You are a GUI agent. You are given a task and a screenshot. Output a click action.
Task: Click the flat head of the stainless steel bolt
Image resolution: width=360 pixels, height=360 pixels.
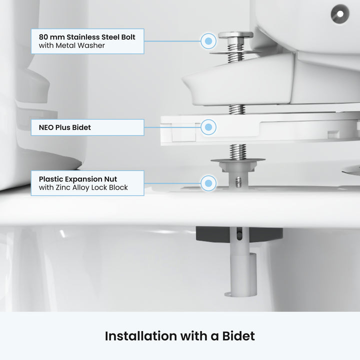[235, 35]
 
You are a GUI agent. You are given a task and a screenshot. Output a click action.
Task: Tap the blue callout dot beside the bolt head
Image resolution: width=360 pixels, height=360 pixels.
[208, 41]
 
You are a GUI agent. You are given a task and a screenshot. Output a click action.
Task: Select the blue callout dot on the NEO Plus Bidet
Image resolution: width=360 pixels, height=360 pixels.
[208, 127]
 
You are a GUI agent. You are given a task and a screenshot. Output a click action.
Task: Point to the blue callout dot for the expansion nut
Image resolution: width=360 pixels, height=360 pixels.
[208, 183]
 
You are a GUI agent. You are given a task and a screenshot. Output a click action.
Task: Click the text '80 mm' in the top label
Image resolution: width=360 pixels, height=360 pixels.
[51, 37]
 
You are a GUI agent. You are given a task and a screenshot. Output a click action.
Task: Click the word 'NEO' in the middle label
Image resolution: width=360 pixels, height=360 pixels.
[46, 127]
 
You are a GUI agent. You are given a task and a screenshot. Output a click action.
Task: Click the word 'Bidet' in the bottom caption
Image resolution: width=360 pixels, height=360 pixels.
[238, 336]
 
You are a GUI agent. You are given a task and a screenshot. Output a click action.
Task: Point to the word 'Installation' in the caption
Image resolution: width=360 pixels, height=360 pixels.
[141, 336]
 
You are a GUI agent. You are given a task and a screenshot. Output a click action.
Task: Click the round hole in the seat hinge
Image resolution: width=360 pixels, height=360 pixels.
[340, 14]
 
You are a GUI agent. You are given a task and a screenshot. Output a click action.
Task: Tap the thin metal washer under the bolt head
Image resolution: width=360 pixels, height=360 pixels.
[234, 53]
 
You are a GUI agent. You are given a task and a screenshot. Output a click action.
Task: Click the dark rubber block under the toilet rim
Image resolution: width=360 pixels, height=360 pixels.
[239, 234]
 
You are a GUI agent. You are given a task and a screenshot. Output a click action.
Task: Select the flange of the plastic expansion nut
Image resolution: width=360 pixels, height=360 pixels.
[238, 160]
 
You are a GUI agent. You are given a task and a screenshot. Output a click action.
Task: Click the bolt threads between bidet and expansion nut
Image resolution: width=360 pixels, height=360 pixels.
[238, 151]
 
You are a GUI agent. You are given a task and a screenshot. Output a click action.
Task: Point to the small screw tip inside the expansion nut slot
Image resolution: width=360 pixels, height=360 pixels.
[239, 182]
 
